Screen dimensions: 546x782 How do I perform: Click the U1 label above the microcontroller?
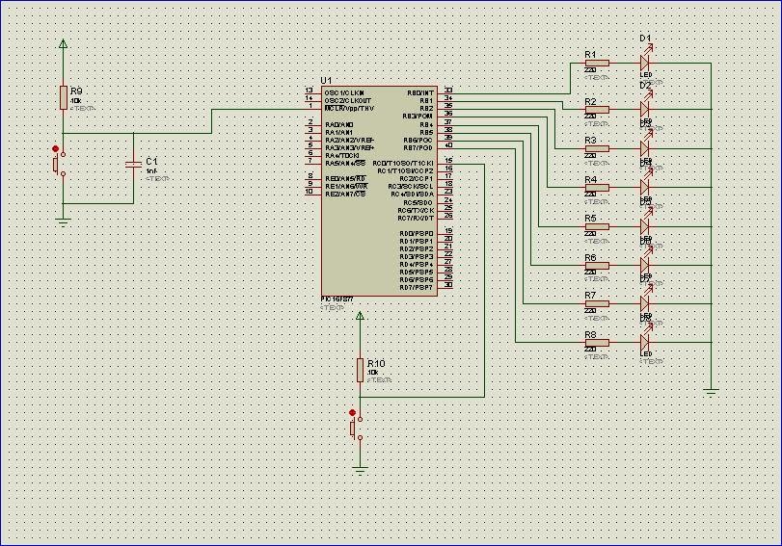pyautogui.click(x=326, y=80)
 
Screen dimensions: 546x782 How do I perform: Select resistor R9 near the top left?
pyautogui.click(x=63, y=97)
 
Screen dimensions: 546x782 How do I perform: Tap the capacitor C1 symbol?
pyautogui.click(x=134, y=166)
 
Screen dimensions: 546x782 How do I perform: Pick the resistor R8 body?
pyautogui.click(x=597, y=342)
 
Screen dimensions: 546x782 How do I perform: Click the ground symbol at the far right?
pyautogui.click(x=711, y=391)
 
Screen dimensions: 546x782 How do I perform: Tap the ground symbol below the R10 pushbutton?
pyautogui.click(x=360, y=469)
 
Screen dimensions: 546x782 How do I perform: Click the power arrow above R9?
pyautogui.click(x=63, y=43)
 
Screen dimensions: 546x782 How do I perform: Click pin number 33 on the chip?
pyautogui.click(x=448, y=91)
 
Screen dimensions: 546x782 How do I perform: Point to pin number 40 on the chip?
pyautogui.click(x=448, y=145)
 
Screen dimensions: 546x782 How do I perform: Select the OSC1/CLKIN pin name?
pyautogui.click(x=344, y=92)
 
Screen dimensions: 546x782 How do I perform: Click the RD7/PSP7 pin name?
pyautogui.click(x=417, y=287)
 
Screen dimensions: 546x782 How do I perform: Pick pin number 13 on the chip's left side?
pyautogui.click(x=309, y=91)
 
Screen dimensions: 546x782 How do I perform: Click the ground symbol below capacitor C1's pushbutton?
pyautogui.click(x=63, y=221)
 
